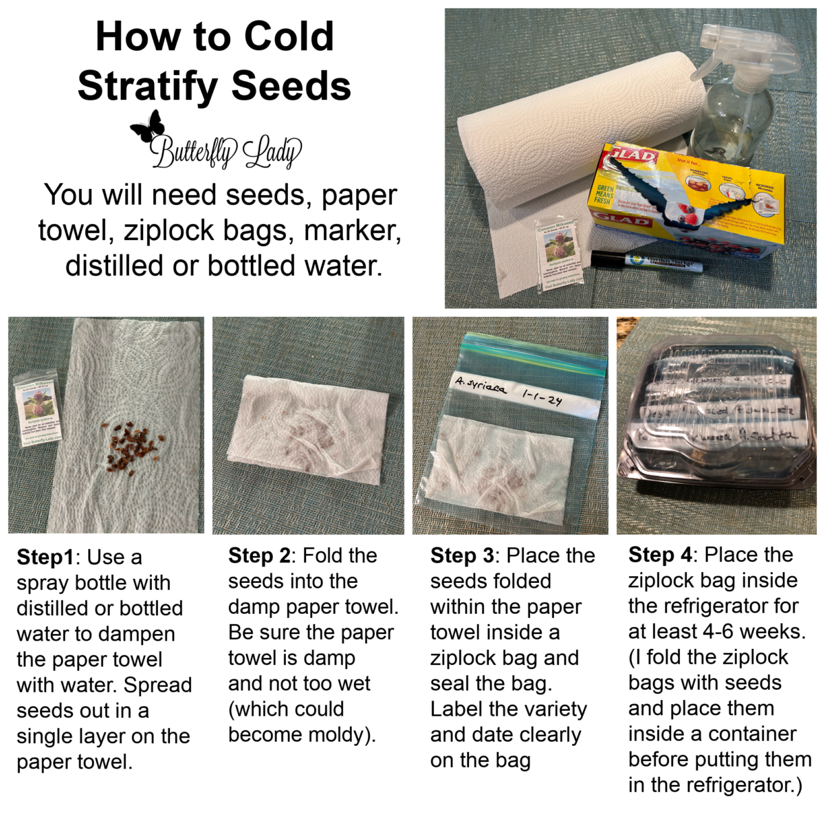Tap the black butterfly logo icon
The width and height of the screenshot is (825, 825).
coord(148,127)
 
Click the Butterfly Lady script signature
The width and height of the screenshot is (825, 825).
coord(226,151)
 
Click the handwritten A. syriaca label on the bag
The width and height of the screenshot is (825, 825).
coord(481,387)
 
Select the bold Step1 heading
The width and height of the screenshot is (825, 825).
coord(47,558)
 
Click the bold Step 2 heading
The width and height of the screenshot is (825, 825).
coord(260,555)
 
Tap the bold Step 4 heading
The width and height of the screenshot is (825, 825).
coord(660,555)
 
